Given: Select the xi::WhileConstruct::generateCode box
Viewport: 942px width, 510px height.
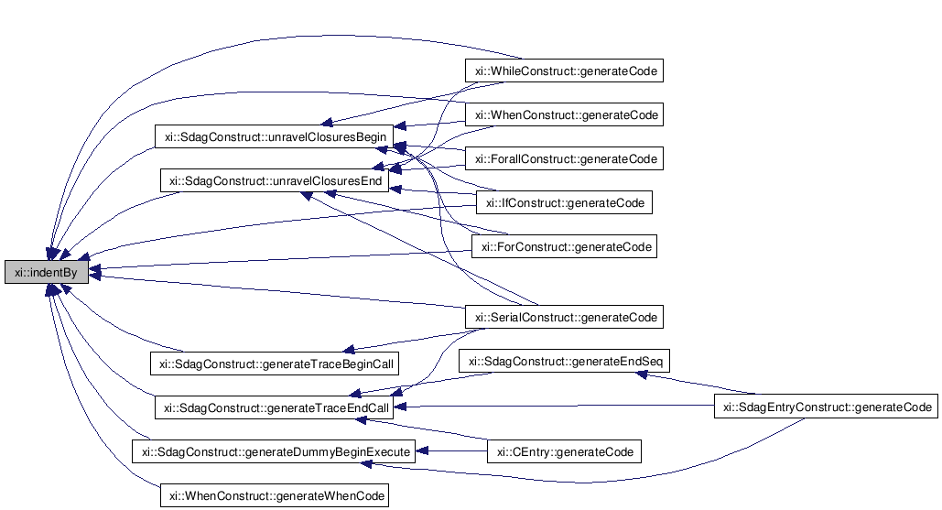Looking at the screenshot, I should tap(563, 71).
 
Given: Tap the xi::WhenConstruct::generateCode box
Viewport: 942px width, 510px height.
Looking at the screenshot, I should tap(563, 115).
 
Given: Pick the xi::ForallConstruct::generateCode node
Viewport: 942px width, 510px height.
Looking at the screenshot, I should tap(563, 159).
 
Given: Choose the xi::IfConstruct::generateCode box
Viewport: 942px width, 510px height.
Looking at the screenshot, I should tap(564, 202).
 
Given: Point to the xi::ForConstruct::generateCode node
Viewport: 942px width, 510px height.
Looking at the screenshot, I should tap(563, 247).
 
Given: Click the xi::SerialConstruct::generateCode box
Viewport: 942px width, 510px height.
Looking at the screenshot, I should tap(563, 318).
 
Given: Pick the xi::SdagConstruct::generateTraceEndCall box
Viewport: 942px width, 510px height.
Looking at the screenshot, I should tap(274, 407).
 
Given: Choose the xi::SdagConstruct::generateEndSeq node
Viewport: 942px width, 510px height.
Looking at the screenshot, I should tap(564, 362).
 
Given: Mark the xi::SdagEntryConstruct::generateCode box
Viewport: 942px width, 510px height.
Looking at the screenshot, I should tap(825, 407).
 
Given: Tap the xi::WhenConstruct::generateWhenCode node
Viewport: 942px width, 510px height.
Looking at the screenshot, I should tap(274, 495).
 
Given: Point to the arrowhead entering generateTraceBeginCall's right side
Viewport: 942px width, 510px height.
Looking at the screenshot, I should tap(347, 350).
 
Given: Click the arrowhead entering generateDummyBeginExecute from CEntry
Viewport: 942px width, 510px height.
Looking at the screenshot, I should tap(421, 451).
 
